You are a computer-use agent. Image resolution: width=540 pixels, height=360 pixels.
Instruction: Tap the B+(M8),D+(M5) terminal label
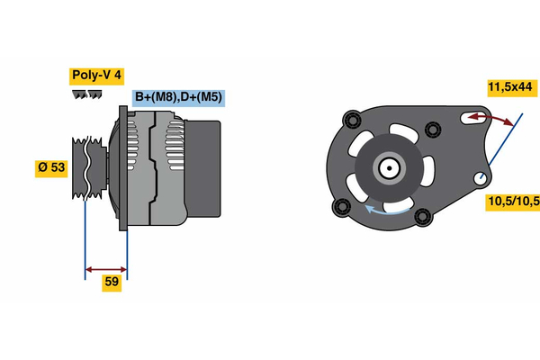[x=178, y=97]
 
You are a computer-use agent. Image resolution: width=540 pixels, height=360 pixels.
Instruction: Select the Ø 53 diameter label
[x=51, y=168]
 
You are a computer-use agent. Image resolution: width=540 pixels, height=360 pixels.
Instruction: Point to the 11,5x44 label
[x=510, y=87]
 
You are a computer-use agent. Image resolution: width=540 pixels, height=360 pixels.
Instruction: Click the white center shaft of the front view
[x=389, y=167]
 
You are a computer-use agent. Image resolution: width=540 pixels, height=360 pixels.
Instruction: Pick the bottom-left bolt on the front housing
[x=342, y=208]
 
